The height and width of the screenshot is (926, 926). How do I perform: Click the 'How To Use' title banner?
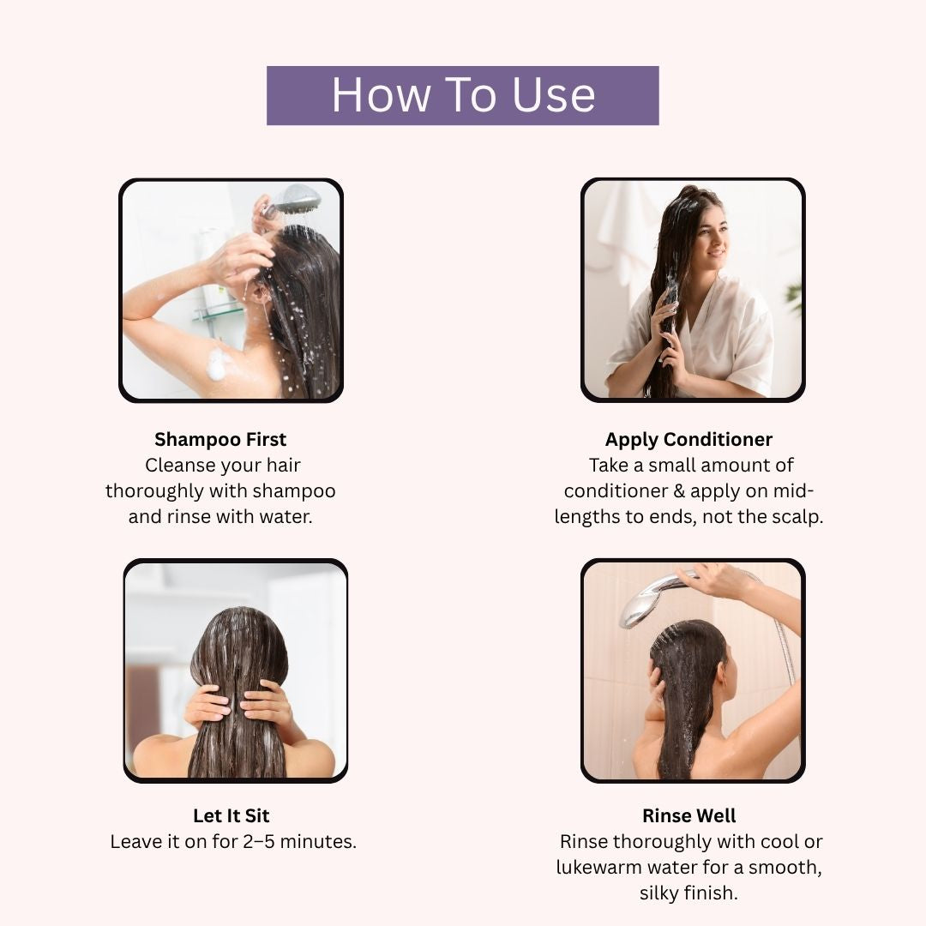coord(462,96)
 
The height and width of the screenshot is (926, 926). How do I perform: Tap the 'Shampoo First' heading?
coord(220,439)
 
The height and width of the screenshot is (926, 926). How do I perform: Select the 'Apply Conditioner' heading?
coord(688,439)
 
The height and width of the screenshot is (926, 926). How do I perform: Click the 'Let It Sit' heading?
coord(231,815)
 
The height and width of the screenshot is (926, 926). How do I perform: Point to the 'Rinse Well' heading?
coord(688,815)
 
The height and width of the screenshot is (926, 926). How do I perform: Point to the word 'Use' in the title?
coord(553,95)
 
